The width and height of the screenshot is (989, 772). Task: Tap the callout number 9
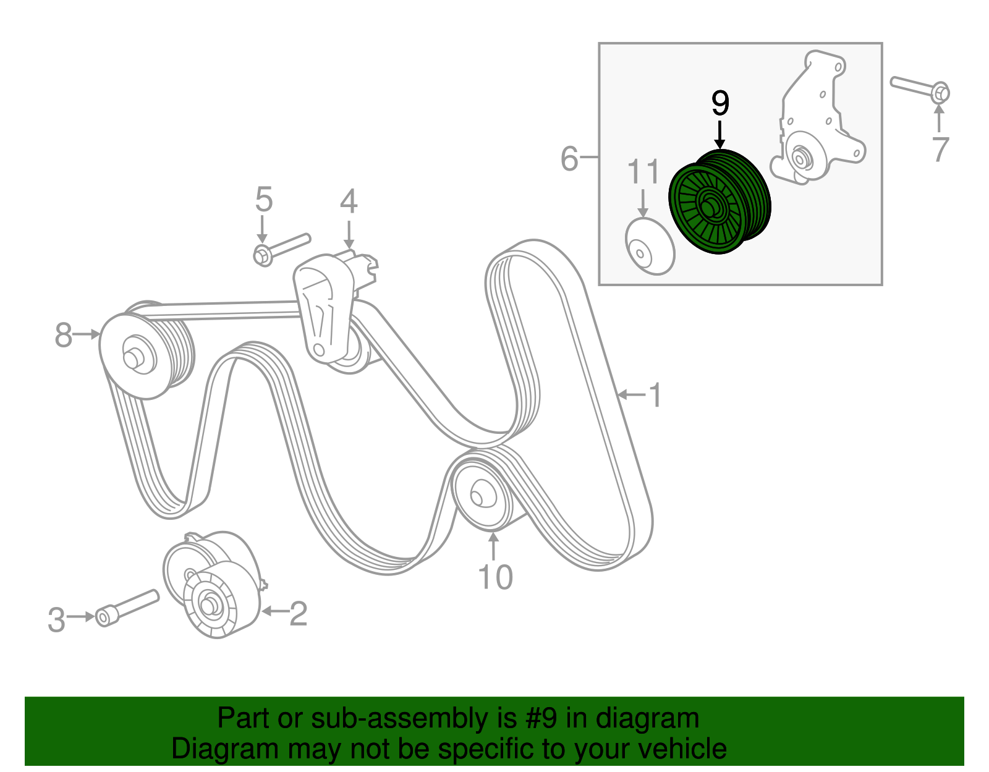[720, 103]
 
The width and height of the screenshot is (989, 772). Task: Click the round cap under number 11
[649, 246]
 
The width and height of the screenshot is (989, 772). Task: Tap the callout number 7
[940, 149]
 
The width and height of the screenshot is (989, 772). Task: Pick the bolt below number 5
[281, 247]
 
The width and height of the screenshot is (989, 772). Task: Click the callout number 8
[63, 336]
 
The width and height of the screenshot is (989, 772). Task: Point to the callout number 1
[655, 395]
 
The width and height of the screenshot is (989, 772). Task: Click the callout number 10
[495, 577]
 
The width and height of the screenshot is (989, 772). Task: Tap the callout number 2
[298, 613]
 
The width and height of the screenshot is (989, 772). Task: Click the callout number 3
[56, 620]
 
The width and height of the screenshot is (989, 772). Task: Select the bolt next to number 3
[127, 607]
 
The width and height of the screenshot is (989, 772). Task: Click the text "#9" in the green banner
[542, 719]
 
